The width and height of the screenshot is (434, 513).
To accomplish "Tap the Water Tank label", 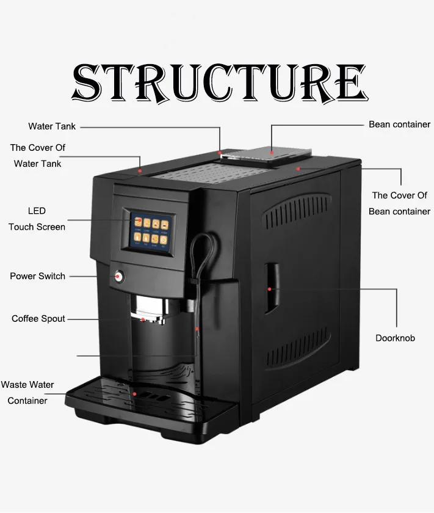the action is point(52,126).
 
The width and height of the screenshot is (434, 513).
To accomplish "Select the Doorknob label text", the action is point(395,338).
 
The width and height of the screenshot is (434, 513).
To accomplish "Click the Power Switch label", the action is point(38,276).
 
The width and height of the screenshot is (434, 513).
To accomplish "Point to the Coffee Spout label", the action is point(38,319).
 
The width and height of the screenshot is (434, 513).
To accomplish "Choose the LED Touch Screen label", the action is point(37,219).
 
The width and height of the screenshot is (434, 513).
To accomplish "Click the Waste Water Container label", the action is point(27,393).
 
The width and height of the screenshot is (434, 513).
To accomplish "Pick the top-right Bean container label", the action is point(399,125).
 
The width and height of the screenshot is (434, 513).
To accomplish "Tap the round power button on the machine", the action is point(118,277).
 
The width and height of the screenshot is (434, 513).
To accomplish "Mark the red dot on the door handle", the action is point(269,289).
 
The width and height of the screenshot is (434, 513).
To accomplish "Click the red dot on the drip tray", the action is point(134,394).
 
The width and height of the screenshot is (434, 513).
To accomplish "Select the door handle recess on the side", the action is point(272,288).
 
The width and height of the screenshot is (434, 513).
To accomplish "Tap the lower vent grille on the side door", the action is point(297,347).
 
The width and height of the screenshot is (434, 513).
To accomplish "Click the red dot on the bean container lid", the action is point(272,153).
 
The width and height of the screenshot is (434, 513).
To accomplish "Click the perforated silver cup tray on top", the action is point(212,172).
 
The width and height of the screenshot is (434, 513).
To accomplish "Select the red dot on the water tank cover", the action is point(140,171).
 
